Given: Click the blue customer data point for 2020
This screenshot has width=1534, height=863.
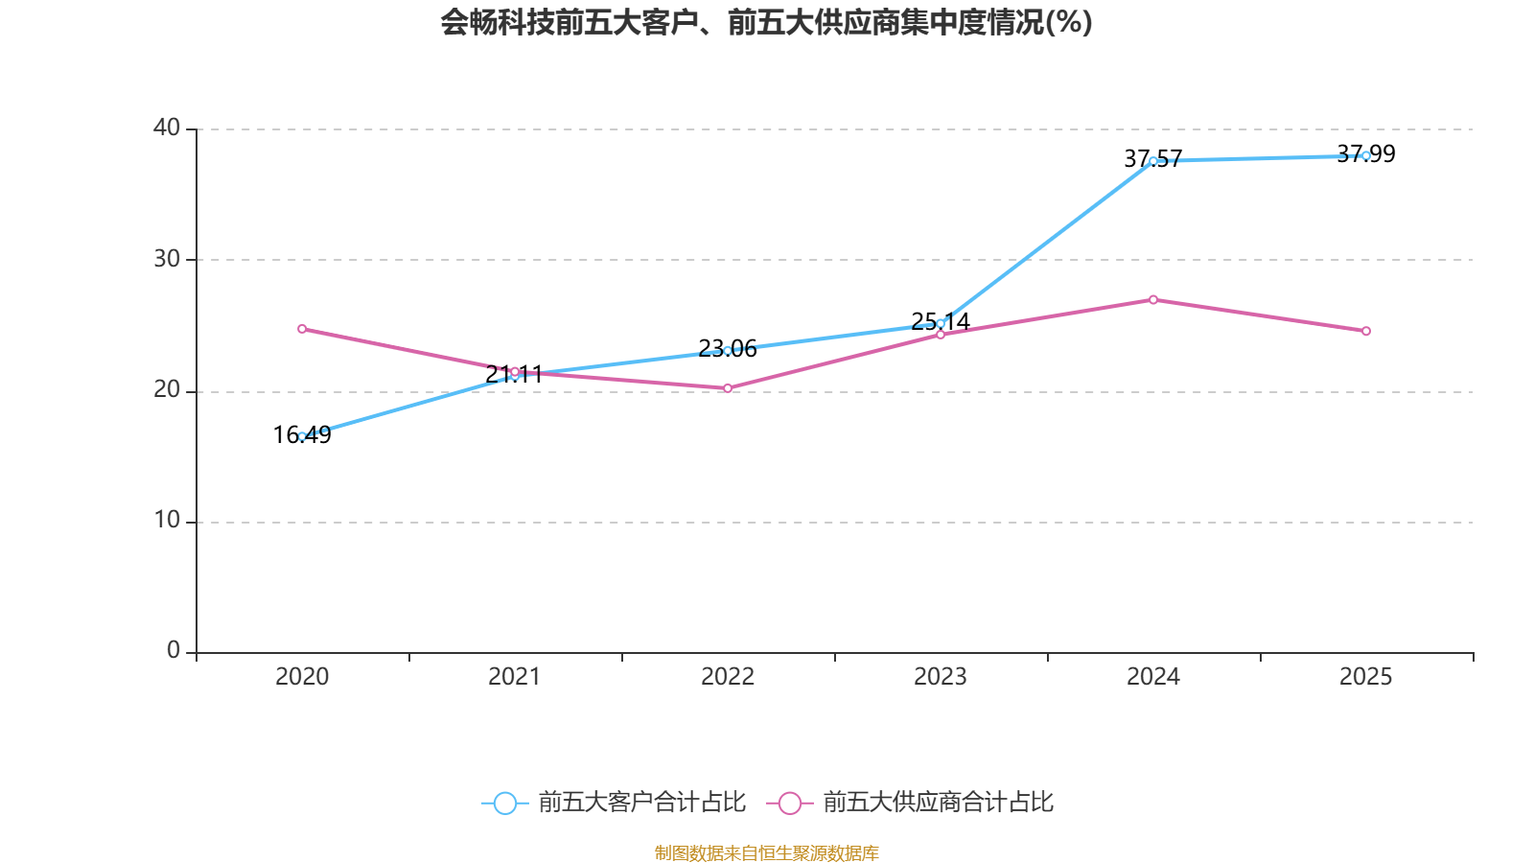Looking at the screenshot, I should [302, 436].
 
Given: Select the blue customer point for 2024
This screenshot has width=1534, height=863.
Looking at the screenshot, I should [1153, 161].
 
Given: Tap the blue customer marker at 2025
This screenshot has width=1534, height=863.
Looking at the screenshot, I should [1366, 155].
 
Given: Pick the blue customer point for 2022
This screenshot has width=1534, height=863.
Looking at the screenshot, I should [728, 351].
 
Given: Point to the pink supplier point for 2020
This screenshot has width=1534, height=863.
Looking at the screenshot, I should [302, 329].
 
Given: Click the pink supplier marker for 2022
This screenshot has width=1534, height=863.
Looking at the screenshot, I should [728, 388].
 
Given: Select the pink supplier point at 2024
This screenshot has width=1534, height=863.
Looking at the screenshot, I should [1153, 300].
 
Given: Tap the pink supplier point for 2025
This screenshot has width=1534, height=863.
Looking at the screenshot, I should [1366, 331].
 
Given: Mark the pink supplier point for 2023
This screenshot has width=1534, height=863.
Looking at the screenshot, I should [941, 335].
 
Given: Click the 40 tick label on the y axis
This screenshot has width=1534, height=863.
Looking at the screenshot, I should [167, 128].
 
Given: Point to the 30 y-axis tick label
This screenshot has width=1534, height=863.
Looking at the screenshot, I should [167, 259].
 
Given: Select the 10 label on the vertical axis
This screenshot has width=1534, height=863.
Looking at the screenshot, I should [167, 521].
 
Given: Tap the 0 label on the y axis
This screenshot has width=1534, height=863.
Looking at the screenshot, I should [174, 651].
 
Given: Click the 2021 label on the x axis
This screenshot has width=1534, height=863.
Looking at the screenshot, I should [515, 677].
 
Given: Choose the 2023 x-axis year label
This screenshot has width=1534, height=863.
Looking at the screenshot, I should [941, 677].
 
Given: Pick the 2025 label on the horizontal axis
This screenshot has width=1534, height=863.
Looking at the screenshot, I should [1365, 677].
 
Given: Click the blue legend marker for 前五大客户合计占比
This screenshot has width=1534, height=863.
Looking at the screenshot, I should [504, 803].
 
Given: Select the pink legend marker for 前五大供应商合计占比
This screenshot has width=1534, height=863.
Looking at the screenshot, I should [789, 803].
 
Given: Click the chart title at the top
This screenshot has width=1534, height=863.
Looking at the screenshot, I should [766, 22].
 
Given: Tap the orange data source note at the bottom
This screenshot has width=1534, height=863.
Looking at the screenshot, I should [766, 852].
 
